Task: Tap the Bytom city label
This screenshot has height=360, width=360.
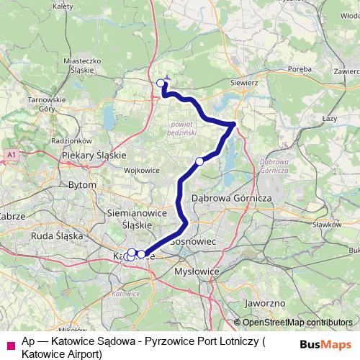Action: tap(81, 185)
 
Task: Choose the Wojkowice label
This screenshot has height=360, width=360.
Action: tap(141, 171)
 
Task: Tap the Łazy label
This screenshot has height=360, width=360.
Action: tap(330, 116)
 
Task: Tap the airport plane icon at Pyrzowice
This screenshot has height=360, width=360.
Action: tap(167, 78)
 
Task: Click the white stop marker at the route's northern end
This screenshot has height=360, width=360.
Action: tap(161, 83)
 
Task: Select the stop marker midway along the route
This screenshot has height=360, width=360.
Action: tap(199, 161)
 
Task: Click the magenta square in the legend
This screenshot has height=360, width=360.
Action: tap(9, 345)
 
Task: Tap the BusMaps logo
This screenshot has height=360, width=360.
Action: tap(327, 344)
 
